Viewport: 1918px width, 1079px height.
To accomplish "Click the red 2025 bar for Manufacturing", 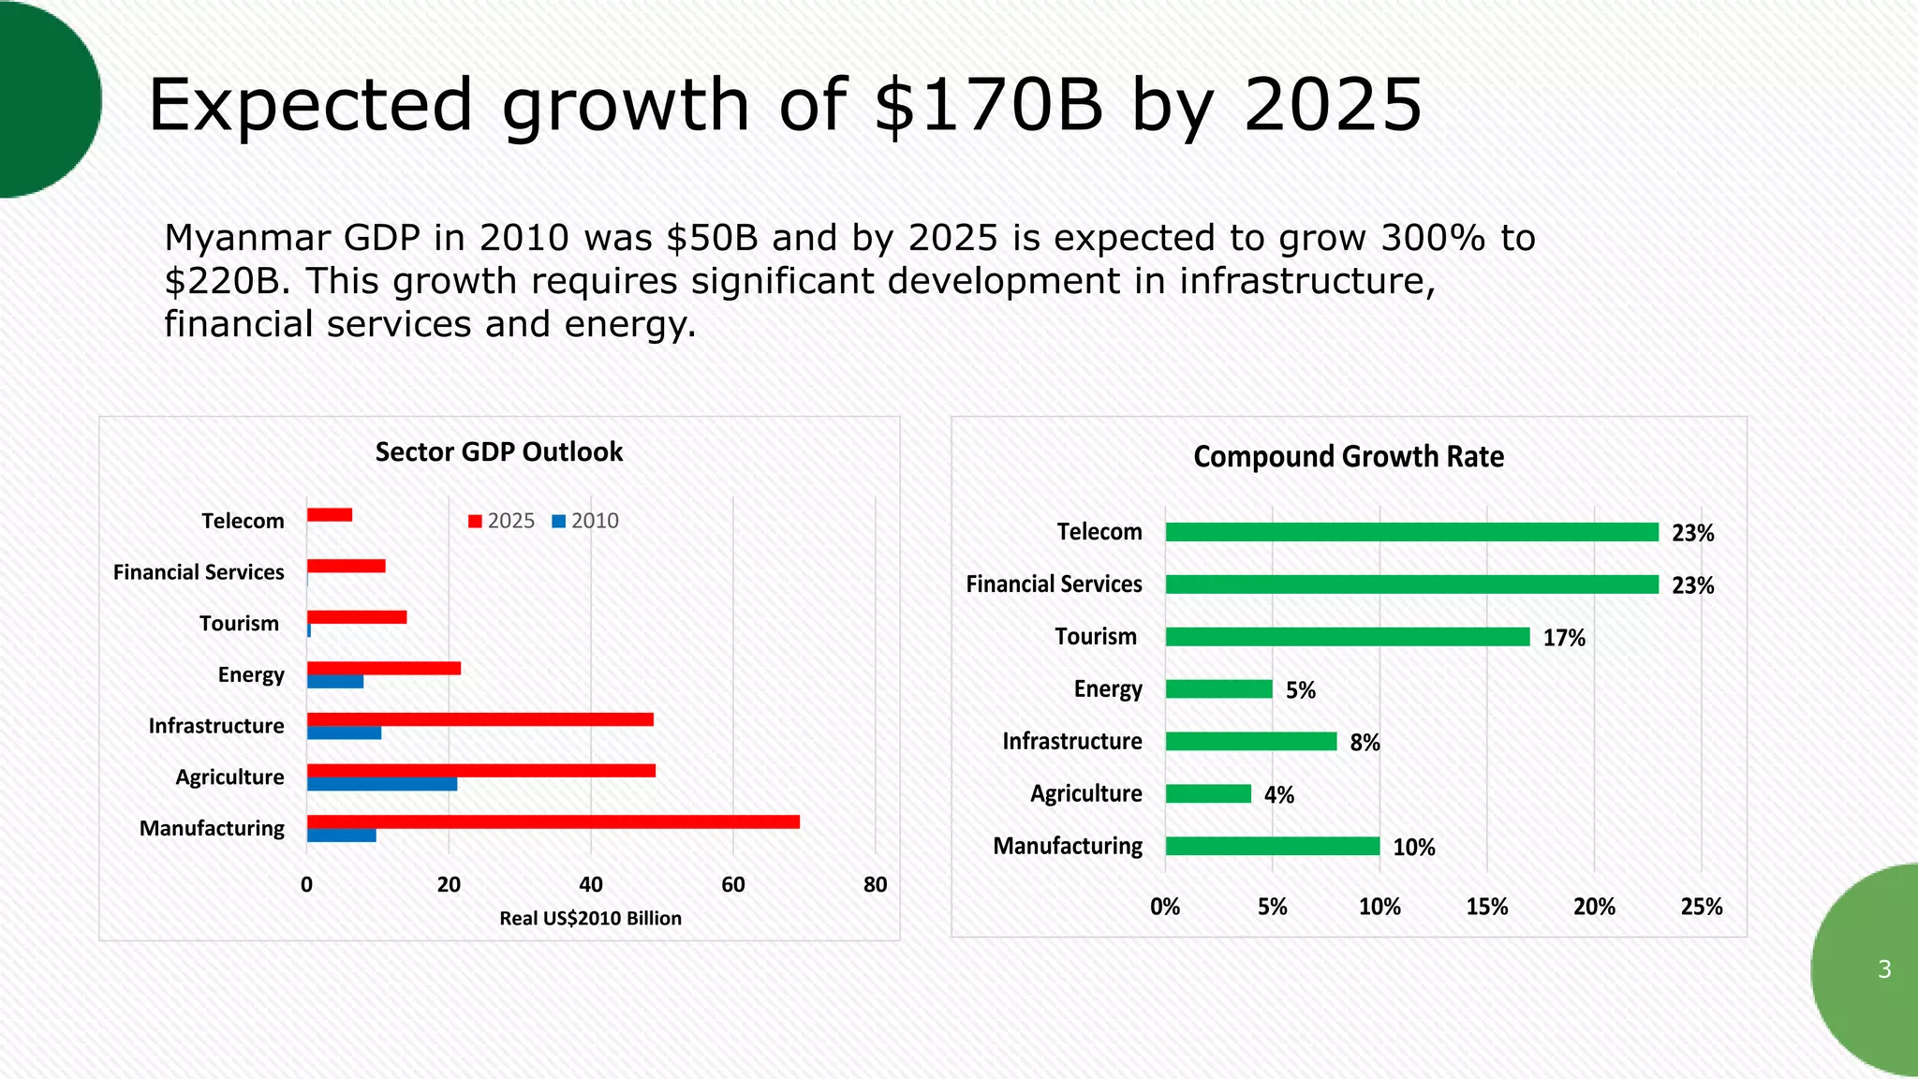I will click(x=553, y=821).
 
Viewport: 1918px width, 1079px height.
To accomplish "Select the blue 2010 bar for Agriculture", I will click(x=382, y=784).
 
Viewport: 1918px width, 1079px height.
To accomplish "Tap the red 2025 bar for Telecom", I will click(x=330, y=514).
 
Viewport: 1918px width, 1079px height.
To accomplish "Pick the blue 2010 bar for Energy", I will click(x=335, y=682).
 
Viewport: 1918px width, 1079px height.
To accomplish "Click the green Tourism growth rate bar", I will click(x=1347, y=637).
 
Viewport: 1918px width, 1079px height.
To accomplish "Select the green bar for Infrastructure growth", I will click(x=1250, y=741).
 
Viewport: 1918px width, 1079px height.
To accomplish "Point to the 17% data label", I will click(x=1564, y=638).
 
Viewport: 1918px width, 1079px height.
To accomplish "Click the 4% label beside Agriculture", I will click(x=1278, y=795).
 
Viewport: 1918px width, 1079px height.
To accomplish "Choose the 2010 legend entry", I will click(x=585, y=521).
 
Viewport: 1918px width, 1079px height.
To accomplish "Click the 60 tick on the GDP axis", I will click(x=732, y=884).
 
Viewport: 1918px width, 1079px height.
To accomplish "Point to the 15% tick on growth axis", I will click(x=1486, y=907).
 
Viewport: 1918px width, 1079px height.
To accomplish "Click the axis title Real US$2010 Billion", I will click(x=590, y=918).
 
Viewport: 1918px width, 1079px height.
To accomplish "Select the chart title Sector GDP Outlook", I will click(x=498, y=452).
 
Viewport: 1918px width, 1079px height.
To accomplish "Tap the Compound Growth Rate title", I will click(x=1348, y=457).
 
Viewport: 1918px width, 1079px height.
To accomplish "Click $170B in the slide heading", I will click(x=988, y=105).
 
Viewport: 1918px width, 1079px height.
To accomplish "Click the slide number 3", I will click(x=1884, y=969).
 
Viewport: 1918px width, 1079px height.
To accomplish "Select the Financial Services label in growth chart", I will click(x=1054, y=584).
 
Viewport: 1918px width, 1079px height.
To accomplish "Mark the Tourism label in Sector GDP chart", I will click(x=239, y=624).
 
